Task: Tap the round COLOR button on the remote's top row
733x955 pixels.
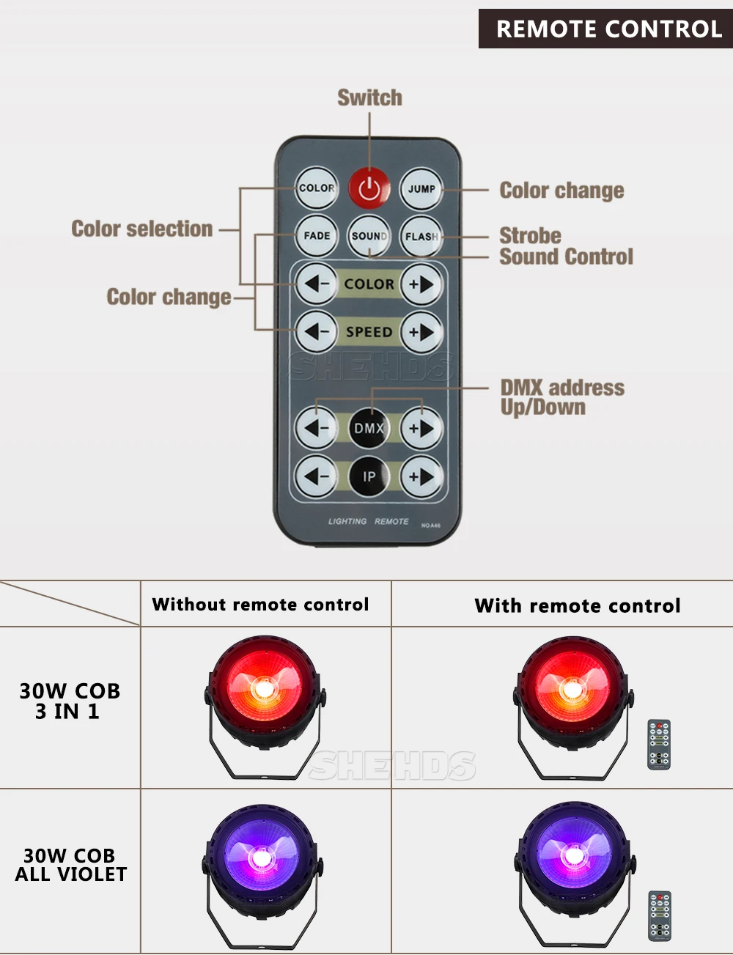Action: [x=317, y=188]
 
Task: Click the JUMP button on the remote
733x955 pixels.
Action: [x=421, y=188]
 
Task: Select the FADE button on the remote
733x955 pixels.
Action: [x=317, y=236]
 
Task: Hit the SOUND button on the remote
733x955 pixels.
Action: [x=369, y=236]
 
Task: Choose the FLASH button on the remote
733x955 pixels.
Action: [x=421, y=236]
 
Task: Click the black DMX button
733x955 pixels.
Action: [x=369, y=428]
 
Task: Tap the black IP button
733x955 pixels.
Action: [x=369, y=476]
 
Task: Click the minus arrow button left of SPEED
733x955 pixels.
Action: [x=317, y=332]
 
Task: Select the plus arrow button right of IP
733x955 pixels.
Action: [x=421, y=476]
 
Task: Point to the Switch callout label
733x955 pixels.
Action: [x=369, y=97]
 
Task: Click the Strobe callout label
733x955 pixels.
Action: [x=530, y=235]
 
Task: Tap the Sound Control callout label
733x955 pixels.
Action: [x=566, y=257]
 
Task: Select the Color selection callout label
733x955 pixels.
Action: [x=142, y=229]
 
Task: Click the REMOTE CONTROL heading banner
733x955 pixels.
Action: [x=608, y=29]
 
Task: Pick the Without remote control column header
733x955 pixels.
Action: [x=261, y=605]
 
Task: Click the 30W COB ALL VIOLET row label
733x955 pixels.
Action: [x=70, y=865]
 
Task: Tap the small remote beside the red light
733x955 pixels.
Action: [x=659, y=745]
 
